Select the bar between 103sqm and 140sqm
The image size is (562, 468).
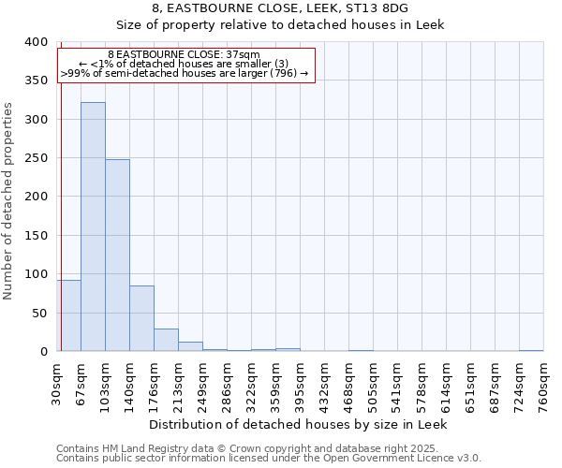[x=117, y=256]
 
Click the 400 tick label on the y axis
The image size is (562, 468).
[x=37, y=42]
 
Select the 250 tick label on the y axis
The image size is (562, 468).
[x=37, y=158]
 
